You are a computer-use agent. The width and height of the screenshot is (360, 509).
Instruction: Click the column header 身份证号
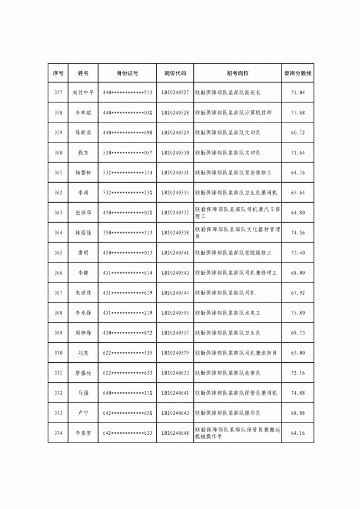click(127, 73)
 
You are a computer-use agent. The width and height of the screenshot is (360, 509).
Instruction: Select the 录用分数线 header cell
click(298, 73)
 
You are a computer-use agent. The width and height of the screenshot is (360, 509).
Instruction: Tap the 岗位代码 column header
click(175, 73)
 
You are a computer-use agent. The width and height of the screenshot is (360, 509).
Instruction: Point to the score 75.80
click(298, 313)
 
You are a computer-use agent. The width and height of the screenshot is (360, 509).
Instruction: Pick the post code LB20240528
click(175, 112)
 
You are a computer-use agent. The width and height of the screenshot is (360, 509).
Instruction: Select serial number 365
click(58, 253)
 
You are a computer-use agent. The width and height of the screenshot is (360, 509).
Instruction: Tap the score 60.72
click(298, 133)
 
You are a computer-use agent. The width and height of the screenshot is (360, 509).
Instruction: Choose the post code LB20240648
click(175, 433)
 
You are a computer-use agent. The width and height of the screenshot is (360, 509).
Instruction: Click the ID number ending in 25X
click(127, 193)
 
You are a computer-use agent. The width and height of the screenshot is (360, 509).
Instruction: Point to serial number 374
click(58, 433)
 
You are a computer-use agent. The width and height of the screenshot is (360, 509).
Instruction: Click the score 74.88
click(298, 393)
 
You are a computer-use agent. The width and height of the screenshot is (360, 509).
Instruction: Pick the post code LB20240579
click(175, 353)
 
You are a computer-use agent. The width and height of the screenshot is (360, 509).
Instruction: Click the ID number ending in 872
click(127, 333)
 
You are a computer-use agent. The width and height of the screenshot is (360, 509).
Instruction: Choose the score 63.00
click(298, 353)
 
